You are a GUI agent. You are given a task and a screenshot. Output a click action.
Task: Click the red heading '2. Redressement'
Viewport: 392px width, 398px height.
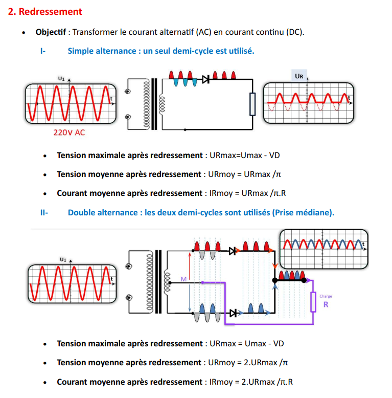[45, 12]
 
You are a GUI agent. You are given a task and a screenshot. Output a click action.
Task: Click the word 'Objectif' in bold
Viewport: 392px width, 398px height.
[51, 32]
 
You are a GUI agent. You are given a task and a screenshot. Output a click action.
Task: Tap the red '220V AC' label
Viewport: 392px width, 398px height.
[69, 132]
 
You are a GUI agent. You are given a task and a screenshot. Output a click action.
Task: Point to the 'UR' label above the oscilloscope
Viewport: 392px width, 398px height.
[299, 76]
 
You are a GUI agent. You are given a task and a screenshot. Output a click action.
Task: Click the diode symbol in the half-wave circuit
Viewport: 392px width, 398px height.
[205, 80]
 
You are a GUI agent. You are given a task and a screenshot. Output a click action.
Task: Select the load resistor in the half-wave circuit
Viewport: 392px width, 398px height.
[252, 104]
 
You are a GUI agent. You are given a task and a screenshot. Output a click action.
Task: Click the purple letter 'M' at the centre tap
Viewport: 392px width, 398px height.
[183, 279]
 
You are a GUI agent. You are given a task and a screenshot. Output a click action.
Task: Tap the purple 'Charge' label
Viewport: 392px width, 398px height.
[326, 296]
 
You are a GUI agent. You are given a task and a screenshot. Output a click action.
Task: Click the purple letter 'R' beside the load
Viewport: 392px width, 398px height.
[326, 304]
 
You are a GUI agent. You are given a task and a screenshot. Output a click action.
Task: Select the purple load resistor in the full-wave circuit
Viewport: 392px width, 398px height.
[313, 302]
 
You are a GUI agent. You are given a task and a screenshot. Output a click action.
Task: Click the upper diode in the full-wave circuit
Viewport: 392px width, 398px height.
[233, 251]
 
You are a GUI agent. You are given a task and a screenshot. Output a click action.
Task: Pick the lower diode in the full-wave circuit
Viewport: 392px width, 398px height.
[233, 313]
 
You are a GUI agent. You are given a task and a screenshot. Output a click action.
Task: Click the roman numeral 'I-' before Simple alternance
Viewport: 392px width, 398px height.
[43, 51]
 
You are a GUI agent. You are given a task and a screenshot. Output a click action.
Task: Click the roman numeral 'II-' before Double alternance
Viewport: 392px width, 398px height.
[44, 212]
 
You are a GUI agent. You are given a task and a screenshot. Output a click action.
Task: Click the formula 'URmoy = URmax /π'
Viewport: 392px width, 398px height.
[244, 174]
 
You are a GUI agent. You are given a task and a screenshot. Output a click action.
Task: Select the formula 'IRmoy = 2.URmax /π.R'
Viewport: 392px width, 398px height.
[251, 382]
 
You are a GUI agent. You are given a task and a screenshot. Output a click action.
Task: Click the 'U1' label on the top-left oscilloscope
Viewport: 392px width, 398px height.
[61, 79]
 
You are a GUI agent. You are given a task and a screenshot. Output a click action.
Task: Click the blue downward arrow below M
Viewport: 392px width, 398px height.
[190, 298]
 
